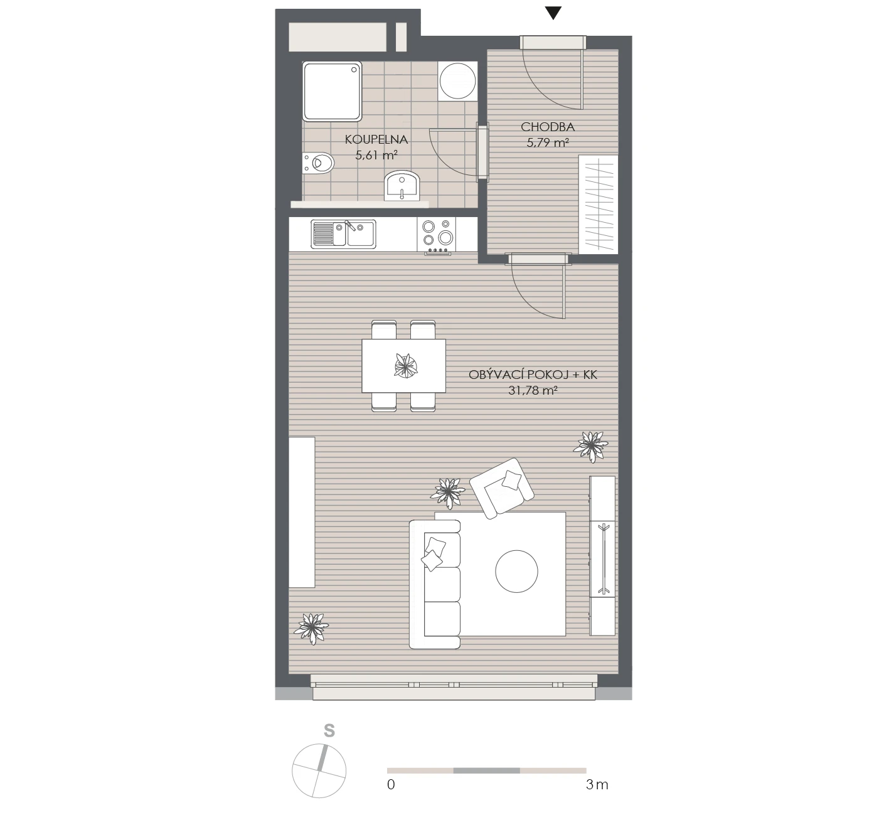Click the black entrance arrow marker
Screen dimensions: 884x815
[x=553, y=13]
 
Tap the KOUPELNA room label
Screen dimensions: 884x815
[x=376, y=139]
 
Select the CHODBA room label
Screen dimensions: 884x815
[x=548, y=127]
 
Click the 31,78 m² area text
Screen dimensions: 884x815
[x=533, y=391]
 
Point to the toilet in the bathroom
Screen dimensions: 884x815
[x=318, y=163]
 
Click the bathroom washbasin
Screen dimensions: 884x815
[x=402, y=186]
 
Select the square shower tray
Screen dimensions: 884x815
[x=332, y=92]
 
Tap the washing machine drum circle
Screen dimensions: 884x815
[x=457, y=81]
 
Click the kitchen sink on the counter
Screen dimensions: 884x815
[x=343, y=234]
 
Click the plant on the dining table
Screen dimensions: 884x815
[x=406, y=366]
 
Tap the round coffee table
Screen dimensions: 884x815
[x=516, y=572]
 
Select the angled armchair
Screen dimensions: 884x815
[x=502, y=489]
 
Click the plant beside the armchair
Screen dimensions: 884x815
[x=447, y=493]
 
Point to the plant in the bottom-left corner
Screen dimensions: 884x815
[x=311, y=628]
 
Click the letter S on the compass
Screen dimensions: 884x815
[x=329, y=731]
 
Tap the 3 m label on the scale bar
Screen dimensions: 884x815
[x=597, y=784]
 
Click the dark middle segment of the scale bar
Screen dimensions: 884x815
[x=486, y=770]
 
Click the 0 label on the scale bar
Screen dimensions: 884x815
[x=391, y=784]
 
